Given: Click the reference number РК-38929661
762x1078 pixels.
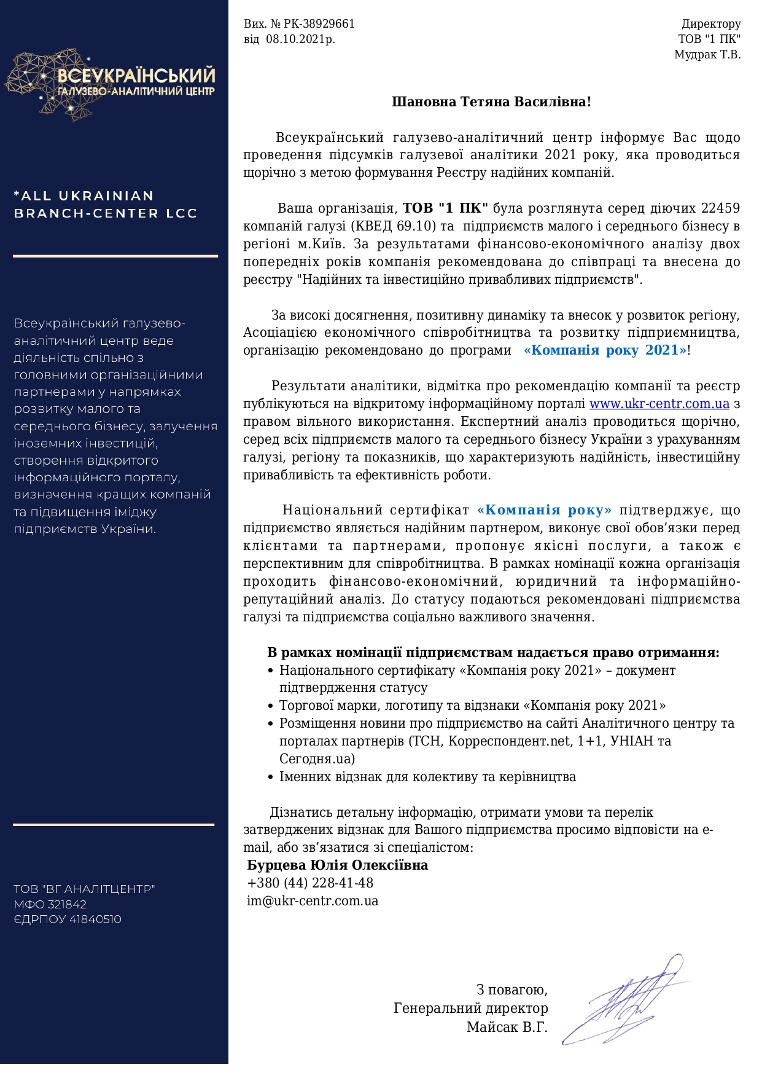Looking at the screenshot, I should pyautogui.click(x=319, y=24).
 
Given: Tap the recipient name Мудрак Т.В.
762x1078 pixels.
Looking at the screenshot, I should pyautogui.click(x=707, y=55).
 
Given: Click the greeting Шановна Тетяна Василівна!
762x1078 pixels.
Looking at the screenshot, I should pyautogui.click(x=491, y=102).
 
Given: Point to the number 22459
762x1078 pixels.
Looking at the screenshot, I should pyautogui.click(x=720, y=208).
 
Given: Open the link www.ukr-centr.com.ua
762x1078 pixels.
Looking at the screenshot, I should pyautogui.click(x=659, y=404).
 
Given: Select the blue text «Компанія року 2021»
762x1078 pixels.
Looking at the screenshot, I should pyautogui.click(x=605, y=350).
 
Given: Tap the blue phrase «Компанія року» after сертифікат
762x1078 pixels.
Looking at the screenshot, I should pyautogui.click(x=544, y=510).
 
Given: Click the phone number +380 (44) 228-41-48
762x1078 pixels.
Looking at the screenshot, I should pyautogui.click(x=310, y=883).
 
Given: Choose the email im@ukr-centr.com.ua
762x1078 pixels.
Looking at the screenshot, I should pyautogui.click(x=313, y=901).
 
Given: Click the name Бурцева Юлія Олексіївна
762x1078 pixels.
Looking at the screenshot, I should pyautogui.click(x=338, y=865).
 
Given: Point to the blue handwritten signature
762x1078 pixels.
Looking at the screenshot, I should pyautogui.click(x=626, y=1001).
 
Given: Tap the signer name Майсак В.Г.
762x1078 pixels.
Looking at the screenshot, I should pyautogui.click(x=507, y=1027).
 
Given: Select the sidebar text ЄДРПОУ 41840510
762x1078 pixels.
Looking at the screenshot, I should pyautogui.click(x=68, y=919).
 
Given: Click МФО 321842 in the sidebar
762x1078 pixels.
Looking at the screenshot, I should pyautogui.click(x=50, y=904).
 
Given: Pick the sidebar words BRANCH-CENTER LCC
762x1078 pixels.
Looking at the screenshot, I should pyautogui.click(x=105, y=213).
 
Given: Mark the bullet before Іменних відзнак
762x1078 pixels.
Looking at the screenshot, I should pyautogui.click(x=271, y=777).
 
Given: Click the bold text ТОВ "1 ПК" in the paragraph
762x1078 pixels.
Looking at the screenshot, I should pyautogui.click(x=445, y=208).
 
